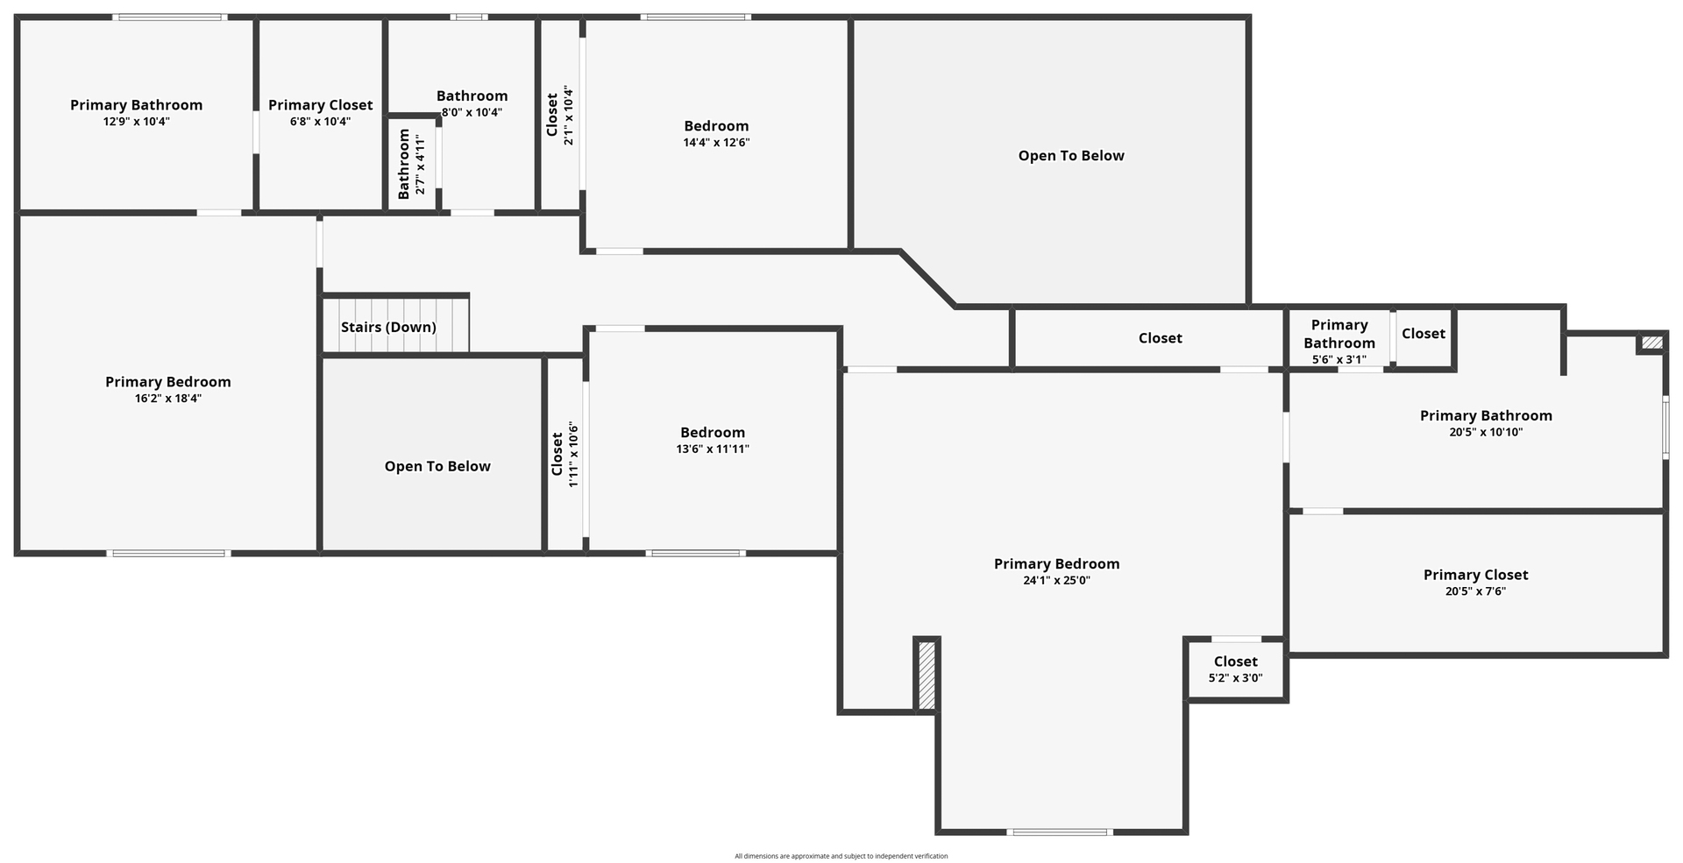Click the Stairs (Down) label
click(388, 328)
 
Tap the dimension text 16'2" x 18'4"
click(168, 399)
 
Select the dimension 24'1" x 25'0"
click(1056, 581)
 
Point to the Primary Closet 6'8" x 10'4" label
click(321, 113)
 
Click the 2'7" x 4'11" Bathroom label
click(411, 164)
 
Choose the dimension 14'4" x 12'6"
click(716, 143)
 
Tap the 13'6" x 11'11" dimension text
click(713, 449)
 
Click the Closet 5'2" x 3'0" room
click(1236, 669)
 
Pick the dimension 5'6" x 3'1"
click(1339, 359)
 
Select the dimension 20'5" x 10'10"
click(1486, 432)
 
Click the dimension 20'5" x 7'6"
click(1476, 591)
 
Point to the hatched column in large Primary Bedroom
click(927, 675)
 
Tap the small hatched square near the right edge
click(1651, 343)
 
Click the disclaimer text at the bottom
click(841, 856)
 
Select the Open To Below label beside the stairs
click(437, 466)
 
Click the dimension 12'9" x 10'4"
click(136, 122)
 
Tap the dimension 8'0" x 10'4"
click(472, 112)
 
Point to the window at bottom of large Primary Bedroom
click(1060, 831)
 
